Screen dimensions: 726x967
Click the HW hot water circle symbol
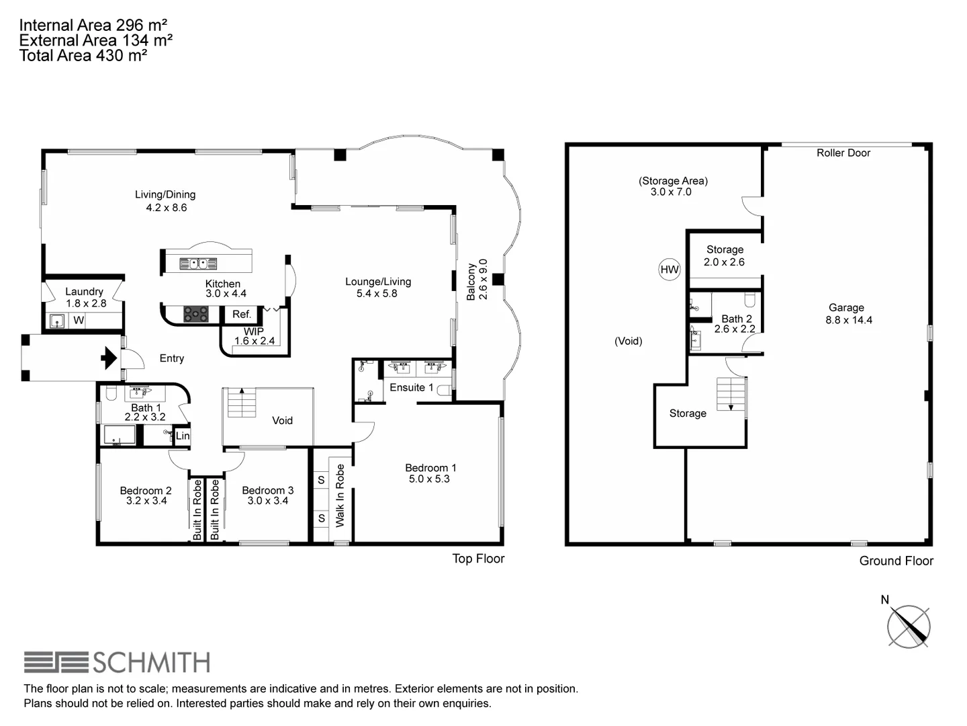670,270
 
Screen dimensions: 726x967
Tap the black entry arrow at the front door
108,358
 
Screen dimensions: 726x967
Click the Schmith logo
117,662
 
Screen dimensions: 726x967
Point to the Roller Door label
843,153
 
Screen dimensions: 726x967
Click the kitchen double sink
197,264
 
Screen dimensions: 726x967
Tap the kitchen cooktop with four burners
196,313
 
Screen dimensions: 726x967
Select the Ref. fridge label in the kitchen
241,314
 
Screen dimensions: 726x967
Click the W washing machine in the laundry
79,321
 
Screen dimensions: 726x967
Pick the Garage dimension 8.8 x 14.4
848,320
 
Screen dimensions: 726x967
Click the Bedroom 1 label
430,468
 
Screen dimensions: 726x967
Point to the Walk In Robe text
340,495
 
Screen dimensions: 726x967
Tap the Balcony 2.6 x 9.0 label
477,280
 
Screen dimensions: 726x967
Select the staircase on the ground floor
731,394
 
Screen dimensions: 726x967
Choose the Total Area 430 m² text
83,56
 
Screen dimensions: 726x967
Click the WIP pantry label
253,331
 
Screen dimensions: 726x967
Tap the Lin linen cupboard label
183,436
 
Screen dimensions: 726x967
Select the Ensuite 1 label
411,387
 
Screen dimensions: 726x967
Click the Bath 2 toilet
750,299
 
